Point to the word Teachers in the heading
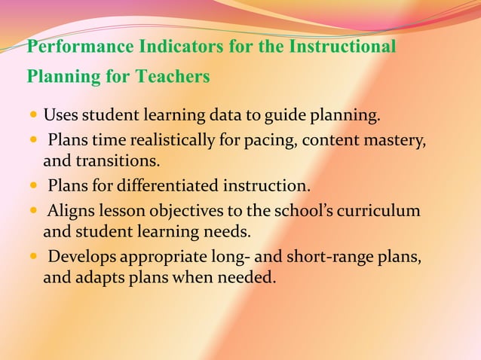[x=174, y=77]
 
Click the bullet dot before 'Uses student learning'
[x=33, y=117]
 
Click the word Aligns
[x=71, y=212]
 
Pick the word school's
[x=305, y=212]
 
